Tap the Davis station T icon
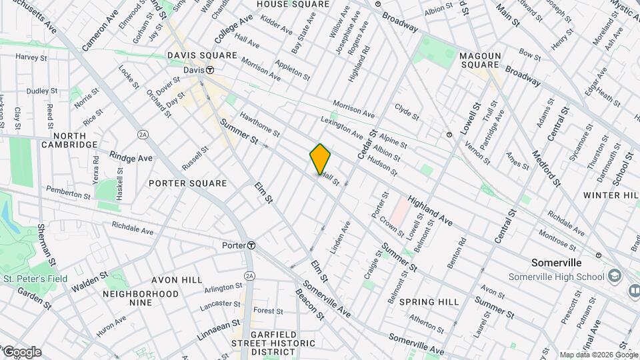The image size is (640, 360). pyautogui.click(x=209, y=70)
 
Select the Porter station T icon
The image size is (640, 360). pyautogui.click(x=251, y=245)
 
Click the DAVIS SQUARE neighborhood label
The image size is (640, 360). pyautogui.click(x=202, y=55)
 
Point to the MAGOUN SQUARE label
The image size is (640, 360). pyautogui.click(x=479, y=59)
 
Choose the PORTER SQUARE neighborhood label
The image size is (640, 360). pyautogui.click(x=188, y=183)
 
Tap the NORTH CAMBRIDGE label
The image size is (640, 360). pyautogui.click(x=69, y=139)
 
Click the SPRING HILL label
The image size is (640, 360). pyautogui.click(x=429, y=302)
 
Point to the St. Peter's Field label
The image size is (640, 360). pyautogui.click(x=35, y=279)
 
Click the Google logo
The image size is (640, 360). pyautogui.click(x=21, y=352)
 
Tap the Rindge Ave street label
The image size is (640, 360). pyautogui.click(x=131, y=159)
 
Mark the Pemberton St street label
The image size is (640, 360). pyautogui.click(x=68, y=193)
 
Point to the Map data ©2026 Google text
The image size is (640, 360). pyautogui.click(x=598, y=355)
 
